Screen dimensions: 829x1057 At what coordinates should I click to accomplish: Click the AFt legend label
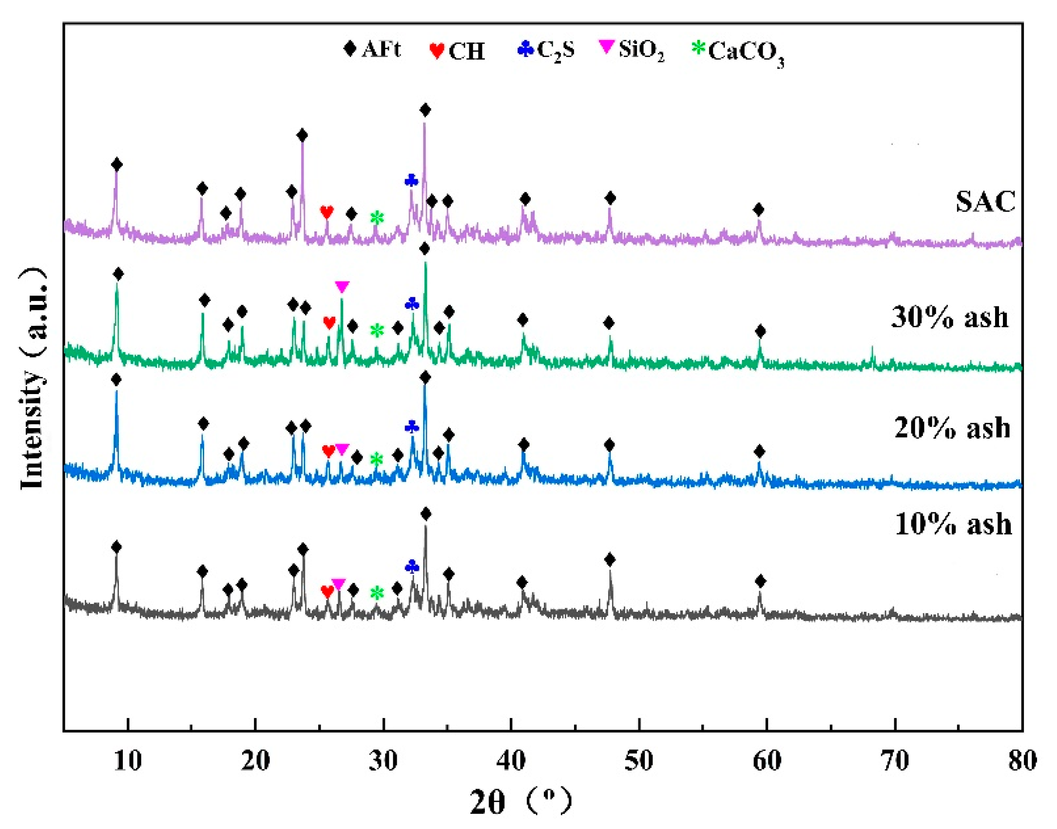[x=381, y=50]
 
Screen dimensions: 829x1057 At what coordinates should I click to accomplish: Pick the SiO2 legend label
[x=641, y=51]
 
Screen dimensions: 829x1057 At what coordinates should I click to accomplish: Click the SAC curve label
[x=985, y=202]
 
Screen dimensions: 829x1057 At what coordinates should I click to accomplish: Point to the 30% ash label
[x=950, y=317]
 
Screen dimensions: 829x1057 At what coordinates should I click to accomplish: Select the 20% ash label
[x=952, y=428]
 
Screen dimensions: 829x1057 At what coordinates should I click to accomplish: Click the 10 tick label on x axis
[x=128, y=761]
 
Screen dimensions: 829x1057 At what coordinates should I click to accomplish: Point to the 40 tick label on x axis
[x=511, y=761]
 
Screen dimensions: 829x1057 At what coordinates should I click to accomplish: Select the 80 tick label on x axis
[x=1022, y=761]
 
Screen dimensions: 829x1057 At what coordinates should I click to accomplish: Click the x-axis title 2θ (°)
[x=520, y=801]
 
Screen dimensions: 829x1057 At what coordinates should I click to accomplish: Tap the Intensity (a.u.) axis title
[x=33, y=378]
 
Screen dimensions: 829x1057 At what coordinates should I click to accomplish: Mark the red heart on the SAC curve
[x=327, y=212]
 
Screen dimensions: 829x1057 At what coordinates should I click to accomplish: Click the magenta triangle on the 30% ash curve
[x=342, y=286]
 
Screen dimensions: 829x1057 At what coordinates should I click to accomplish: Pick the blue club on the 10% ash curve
[x=412, y=566]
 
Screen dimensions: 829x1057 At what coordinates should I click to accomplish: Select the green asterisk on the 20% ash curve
[x=376, y=459]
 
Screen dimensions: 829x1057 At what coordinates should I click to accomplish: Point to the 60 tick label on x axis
[x=767, y=761]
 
